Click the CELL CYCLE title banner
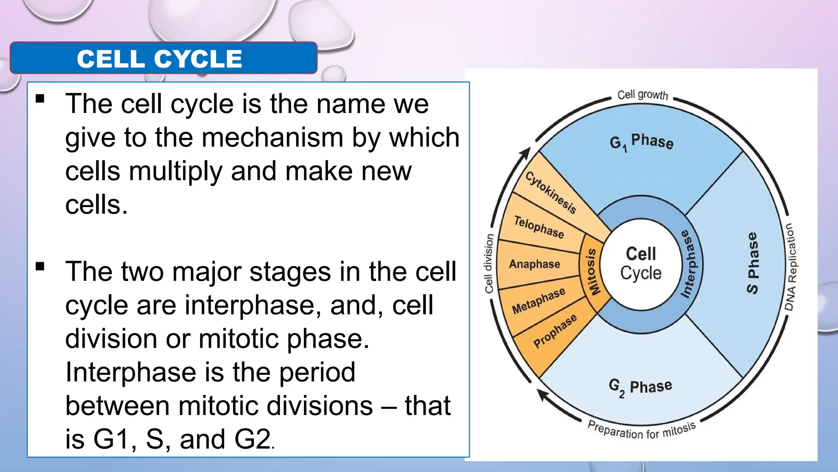[x=163, y=58]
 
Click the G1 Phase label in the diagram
[x=641, y=142]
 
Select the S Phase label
[x=752, y=263]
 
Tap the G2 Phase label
[x=640, y=387]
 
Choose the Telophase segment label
[x=539, y=227]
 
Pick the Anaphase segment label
[x=534, y=264]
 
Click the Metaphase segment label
[x=538, y=300]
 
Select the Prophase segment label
[x=555, y=331]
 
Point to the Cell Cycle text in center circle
[x=641, y=263]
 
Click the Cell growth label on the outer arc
[x=642, y=95]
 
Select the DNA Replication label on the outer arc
[x=791, y=267]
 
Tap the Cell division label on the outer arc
[x=489, y=263]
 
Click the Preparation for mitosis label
[x=642, y=430]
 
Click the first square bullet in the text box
[x=40, y=99]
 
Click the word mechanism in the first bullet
[x=272, y=137]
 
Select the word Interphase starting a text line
[x=131, y=372]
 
